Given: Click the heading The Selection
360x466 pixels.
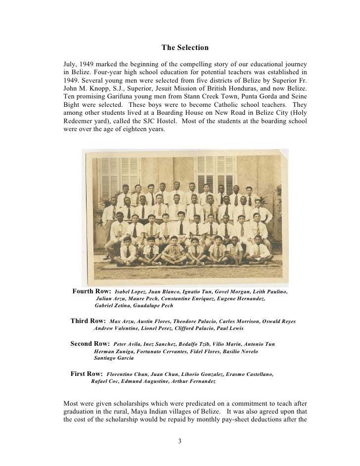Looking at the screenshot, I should tap(185, 48).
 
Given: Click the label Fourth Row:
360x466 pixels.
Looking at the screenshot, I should tap(92, 291).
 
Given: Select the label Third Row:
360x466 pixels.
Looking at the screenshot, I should tap(89, 321).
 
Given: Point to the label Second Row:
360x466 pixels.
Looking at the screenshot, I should tap(90, 343).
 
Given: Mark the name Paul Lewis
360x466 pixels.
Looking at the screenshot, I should tap(228, 328).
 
